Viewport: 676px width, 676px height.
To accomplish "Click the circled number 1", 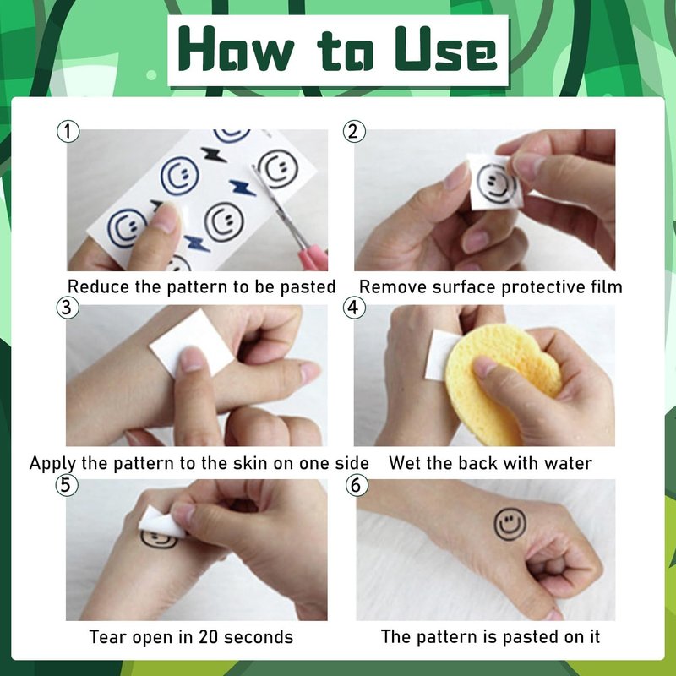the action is (x=68, y=132).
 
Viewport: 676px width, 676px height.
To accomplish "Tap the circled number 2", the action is (x=354, y=132).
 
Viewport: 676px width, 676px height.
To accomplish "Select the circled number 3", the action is (x=68, y=308).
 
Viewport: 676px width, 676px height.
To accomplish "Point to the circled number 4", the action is (x=354, y=308).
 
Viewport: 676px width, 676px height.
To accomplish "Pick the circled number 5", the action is (x=67, y=484).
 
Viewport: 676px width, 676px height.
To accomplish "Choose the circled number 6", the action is (x=357, y=484).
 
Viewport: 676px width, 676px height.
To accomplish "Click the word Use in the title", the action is (x=446, y=49).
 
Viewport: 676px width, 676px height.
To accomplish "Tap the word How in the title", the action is (x=237, y=49).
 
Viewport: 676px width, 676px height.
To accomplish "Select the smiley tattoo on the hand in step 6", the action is (x=510, y=524).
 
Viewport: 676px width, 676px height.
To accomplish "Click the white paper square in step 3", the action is (x=193, y=344).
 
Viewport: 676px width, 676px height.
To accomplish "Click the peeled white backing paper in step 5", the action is (x=161, y=522).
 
